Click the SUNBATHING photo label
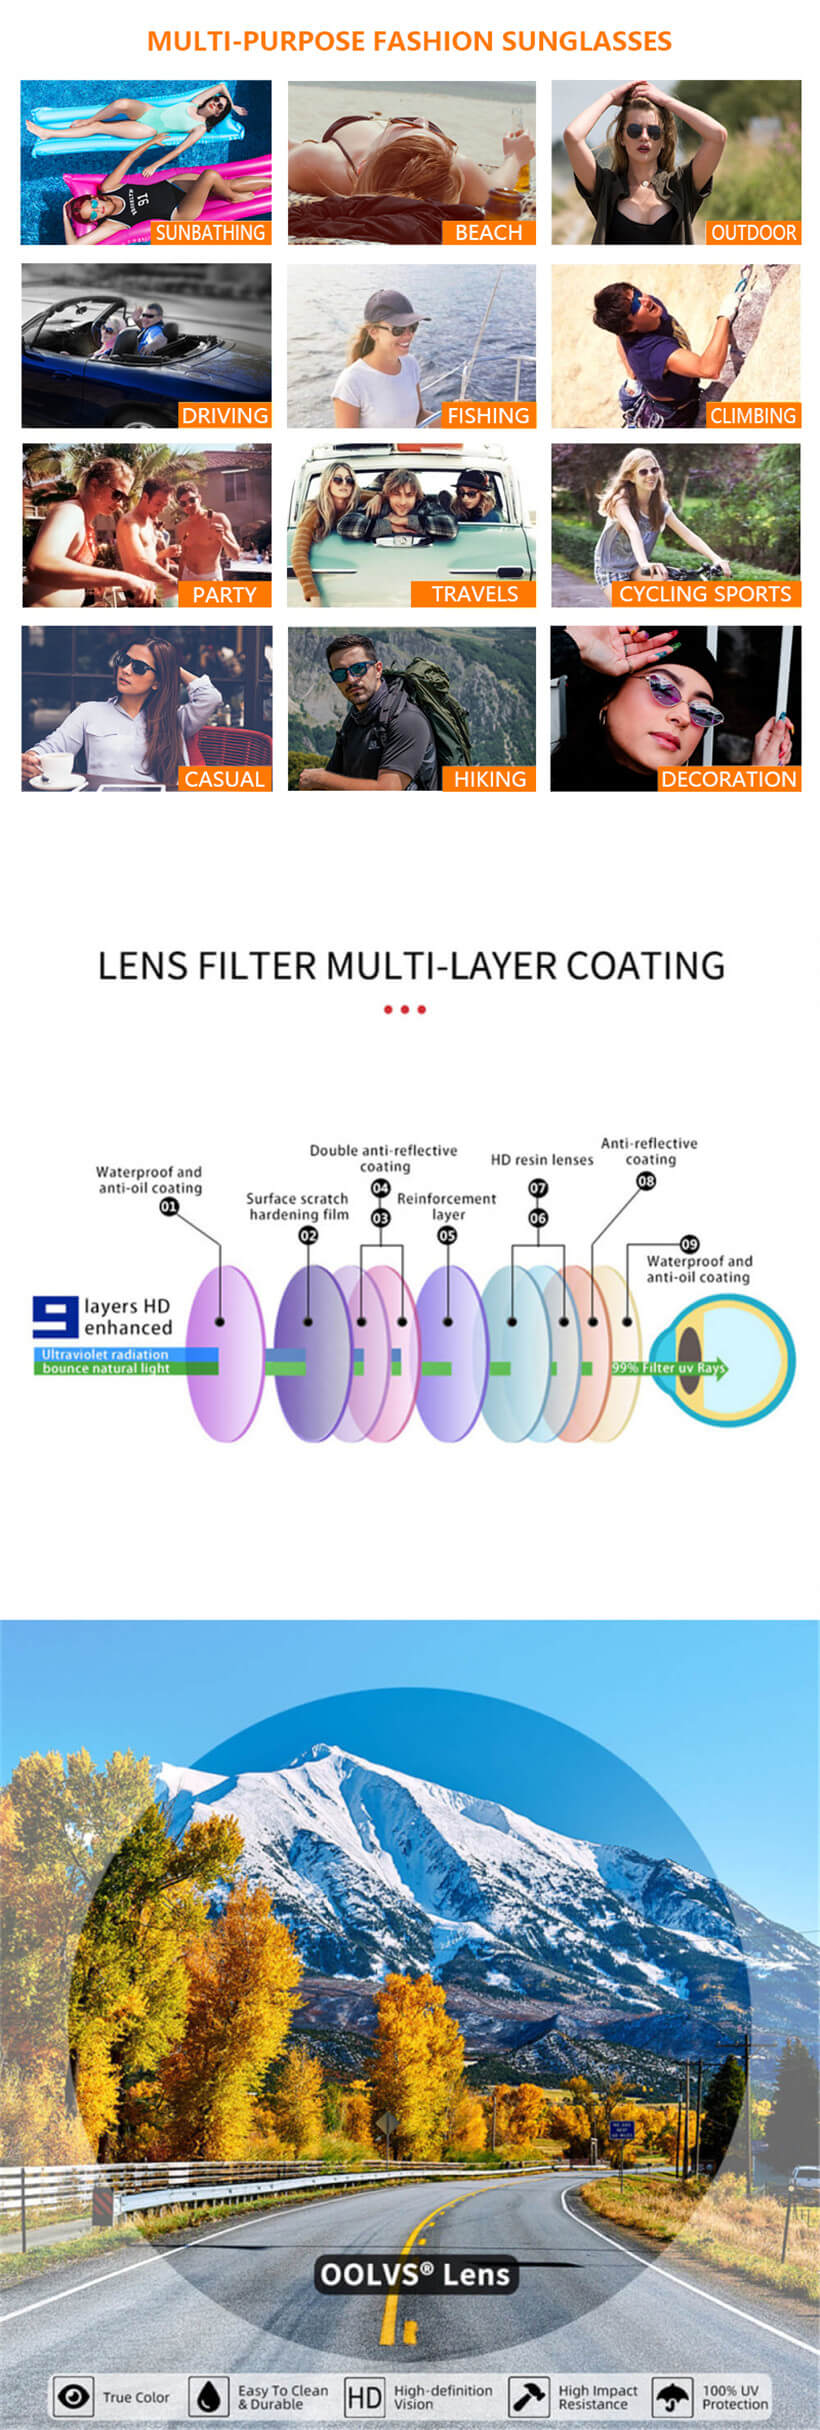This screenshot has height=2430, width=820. pos(210,233)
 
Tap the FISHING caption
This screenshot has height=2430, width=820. pos(488,416)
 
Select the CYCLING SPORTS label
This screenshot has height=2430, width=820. pos(705,594)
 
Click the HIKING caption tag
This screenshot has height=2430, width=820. pos(489,779)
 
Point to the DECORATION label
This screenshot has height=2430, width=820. pos(728,779)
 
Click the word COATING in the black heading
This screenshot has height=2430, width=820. pos(645,966)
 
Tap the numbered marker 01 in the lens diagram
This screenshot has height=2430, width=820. pos(169,1207)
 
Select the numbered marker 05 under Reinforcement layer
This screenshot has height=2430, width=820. pos(447,1235)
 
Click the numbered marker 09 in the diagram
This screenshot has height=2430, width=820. pos(689,1244)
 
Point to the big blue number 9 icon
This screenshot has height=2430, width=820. pos(55,1317)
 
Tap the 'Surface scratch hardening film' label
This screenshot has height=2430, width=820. pos(298,1206)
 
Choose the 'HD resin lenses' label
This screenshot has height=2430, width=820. pos(541,1160)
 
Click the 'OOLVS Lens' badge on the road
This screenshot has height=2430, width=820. pos(415,2275)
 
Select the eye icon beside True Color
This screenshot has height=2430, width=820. pos(72,2396)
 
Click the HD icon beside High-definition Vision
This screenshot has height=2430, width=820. pos(364,2396)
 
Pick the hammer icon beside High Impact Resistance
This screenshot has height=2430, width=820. pos(528,2396)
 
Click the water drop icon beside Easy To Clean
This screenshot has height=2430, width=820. pos(208,2396)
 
